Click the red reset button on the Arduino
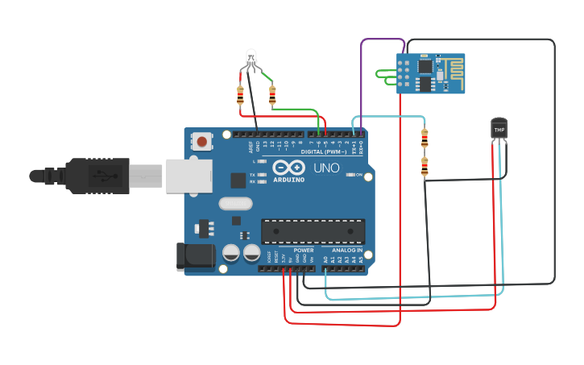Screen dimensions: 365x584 pos(202,142)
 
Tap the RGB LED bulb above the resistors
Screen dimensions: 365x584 pos(251,57)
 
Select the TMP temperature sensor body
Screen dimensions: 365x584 pos(499,128)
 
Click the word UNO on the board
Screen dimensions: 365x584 pos(326,168)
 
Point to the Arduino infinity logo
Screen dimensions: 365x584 pos(289,168)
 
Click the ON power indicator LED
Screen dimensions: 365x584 pos(350,174)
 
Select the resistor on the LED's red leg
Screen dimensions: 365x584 pos(240,95)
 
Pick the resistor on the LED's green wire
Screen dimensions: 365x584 pos(272,96)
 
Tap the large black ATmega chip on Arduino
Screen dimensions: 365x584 pos(313,232)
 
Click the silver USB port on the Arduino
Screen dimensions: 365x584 pos(188,176)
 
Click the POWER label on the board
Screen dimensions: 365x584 pos(304,250)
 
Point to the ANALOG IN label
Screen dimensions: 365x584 pos(347,250)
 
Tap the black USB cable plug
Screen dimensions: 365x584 pos(97,176)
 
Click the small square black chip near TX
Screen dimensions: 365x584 pos(238,180)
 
